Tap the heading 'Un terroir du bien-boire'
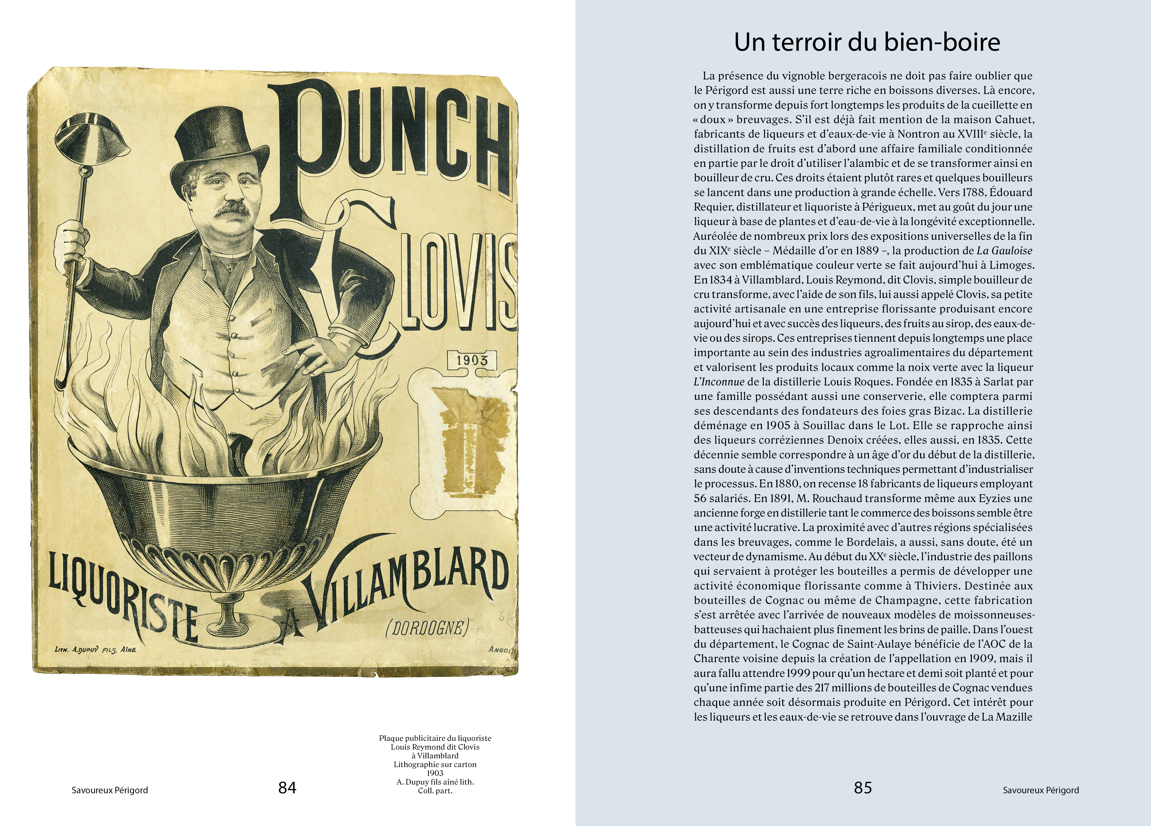coord(867,42)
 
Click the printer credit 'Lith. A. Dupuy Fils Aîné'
coord(95,649)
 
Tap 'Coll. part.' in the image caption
coord(435,791)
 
